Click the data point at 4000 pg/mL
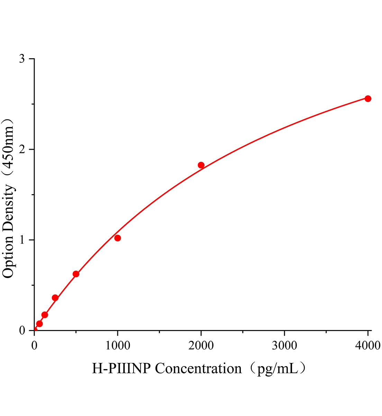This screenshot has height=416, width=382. click(368, 98)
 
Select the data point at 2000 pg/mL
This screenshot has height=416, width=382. click(201, 165)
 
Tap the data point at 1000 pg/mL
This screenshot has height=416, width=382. click(118, 238)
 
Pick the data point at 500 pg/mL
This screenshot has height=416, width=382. click(76, 274)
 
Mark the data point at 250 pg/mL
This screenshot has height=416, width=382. click(55, 298)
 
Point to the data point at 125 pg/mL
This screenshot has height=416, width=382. click(45, 315)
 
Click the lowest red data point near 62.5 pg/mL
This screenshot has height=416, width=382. click(39, 323)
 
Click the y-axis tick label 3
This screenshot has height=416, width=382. click(22, 59)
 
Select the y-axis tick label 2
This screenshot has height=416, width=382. click(22, 149)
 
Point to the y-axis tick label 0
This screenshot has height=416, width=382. click(22, 330)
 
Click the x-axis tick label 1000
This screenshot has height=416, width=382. click(118, 345)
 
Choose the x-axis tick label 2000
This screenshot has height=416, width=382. click(201, 345)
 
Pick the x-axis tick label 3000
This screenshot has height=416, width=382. click(284, 345)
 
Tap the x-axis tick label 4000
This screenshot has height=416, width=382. click(367, 345)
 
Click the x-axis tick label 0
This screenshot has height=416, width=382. click(34, 345)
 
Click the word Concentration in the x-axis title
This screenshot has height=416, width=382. click(198, 368)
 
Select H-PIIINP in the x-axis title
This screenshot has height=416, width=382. click(121, 368)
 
